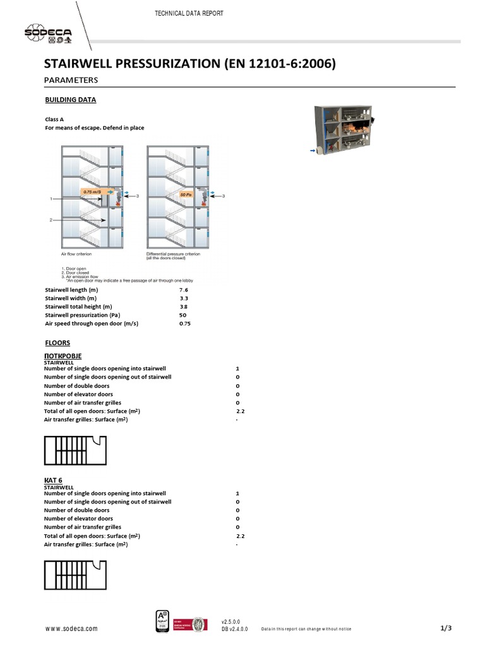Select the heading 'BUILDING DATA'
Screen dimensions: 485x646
(x=71, y=100)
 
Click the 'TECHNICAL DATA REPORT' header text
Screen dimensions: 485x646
(x=189, y=13)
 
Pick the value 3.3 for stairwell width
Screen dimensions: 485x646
(x=183, y=298)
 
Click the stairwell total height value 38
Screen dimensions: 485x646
(x=183, y=307)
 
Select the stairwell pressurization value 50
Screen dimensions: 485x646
(x=183, y=315)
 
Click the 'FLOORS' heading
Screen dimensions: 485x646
(x=57, y=343)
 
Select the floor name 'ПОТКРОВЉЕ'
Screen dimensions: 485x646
(x=63, y=356)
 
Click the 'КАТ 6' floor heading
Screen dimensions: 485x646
(x=52, y=481)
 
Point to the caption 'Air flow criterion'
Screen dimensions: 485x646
(x=76, y=254)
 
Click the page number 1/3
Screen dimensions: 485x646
(x=446, y=628)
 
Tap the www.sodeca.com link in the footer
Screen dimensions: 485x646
(x=71, y=629)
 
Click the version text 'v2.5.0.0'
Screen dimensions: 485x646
(x=231, y=621)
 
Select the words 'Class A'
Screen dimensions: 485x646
(x=54, y=119)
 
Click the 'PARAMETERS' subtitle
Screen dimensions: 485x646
(x=71, y=80)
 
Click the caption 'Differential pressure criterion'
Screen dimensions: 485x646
(x=173, y=254)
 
